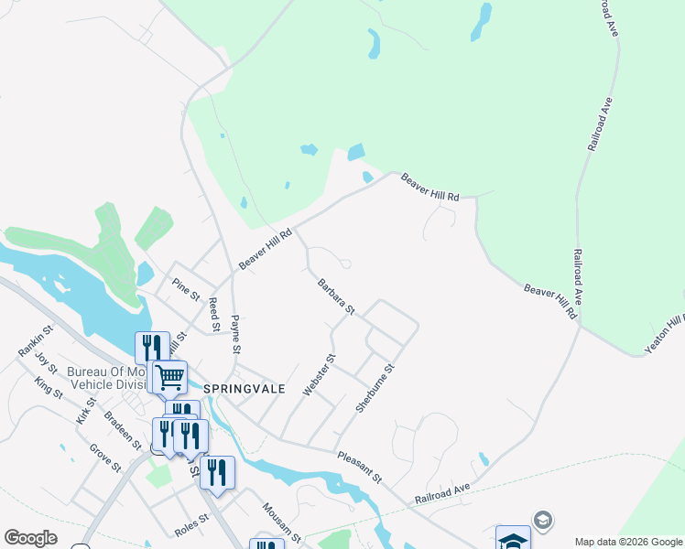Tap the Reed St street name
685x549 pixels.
(x=214, y=314)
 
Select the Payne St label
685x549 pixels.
(x=235, y=335)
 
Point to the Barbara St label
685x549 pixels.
(x=336, y=297)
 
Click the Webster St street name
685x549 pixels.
(x=321, y=375)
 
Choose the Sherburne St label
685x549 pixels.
(x=375, y=388)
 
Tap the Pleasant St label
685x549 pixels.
(x=358, y=467)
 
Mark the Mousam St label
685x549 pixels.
(x=281, y=520)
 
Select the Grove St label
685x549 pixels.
(x=105, y=457)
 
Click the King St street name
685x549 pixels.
(x=49, y=388)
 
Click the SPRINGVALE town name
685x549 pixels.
(x=245, y=389)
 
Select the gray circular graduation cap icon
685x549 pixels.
(x=542, y=521)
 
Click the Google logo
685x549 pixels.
(x=30, y=538)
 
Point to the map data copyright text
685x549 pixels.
(x=627, y=542)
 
